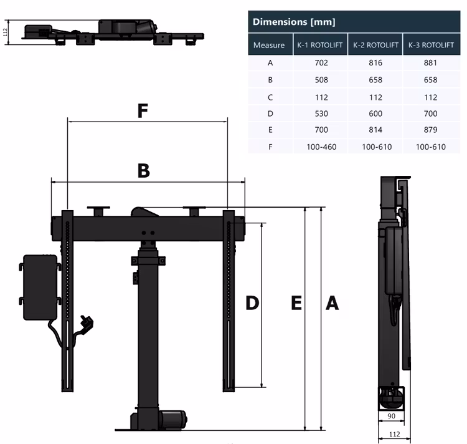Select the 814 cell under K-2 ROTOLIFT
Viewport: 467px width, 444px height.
(x=375, y=130)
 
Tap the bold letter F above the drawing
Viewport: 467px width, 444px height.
(x=143, y=111)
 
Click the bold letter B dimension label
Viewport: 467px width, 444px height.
(x=144, y=171)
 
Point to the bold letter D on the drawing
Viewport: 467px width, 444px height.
(x=252, y=303)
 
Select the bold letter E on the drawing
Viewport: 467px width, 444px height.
(x=296, y=303)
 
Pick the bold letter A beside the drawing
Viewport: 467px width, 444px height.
(x=333, y=303)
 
